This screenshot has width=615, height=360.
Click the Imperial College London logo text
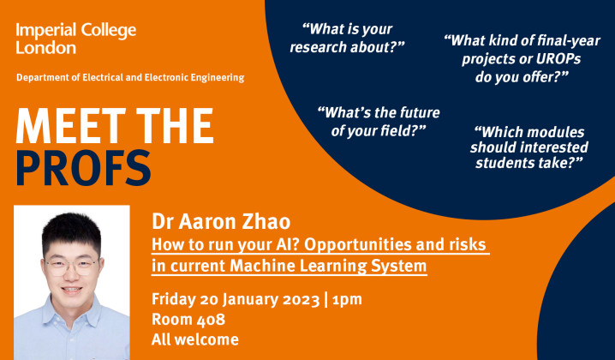point(75,39)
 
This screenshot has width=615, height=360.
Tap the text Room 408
point(188,319)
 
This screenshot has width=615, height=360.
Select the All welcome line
point(194,339)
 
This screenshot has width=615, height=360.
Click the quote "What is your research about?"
point(347,38)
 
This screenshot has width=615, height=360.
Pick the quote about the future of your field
point(371,120)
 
